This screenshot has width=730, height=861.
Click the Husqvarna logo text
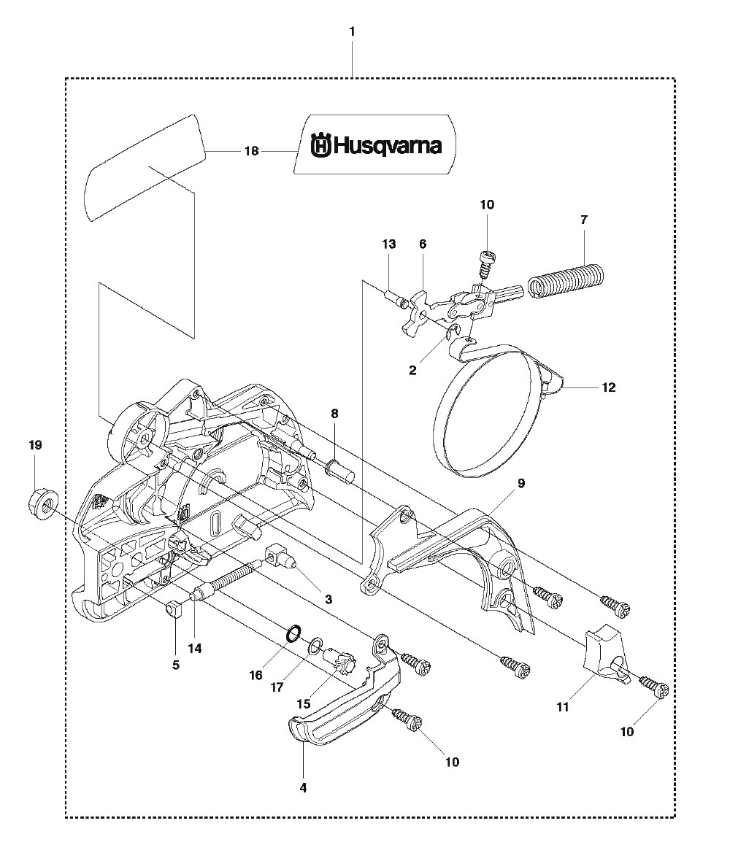(x=377, y=146)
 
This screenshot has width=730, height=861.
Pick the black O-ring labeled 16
(x=293, y=633)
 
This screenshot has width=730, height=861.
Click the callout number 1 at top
(x=352, y=32)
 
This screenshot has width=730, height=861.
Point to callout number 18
(x=252, y=151)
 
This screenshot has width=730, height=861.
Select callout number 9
(x=520, y=483)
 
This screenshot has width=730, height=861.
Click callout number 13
(x=389, y=244)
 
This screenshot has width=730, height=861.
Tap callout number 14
(x=194, y=649)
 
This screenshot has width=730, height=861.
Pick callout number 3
(x=328, y=600)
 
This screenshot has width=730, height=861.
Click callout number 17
(x=277, y=687)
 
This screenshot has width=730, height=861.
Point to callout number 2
(x=412, y=370)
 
